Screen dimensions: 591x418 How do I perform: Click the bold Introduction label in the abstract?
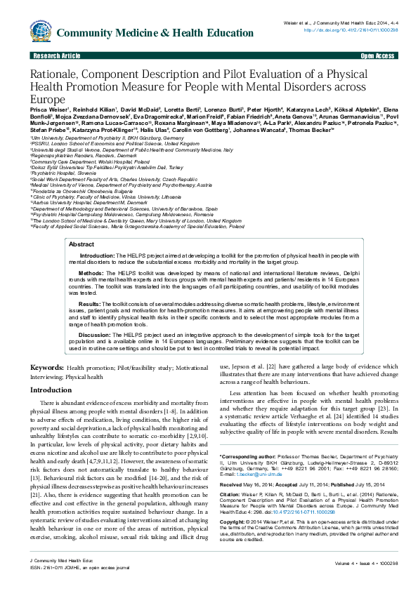tap(96, 256)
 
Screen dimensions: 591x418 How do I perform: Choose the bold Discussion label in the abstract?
tap(94, 335)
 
